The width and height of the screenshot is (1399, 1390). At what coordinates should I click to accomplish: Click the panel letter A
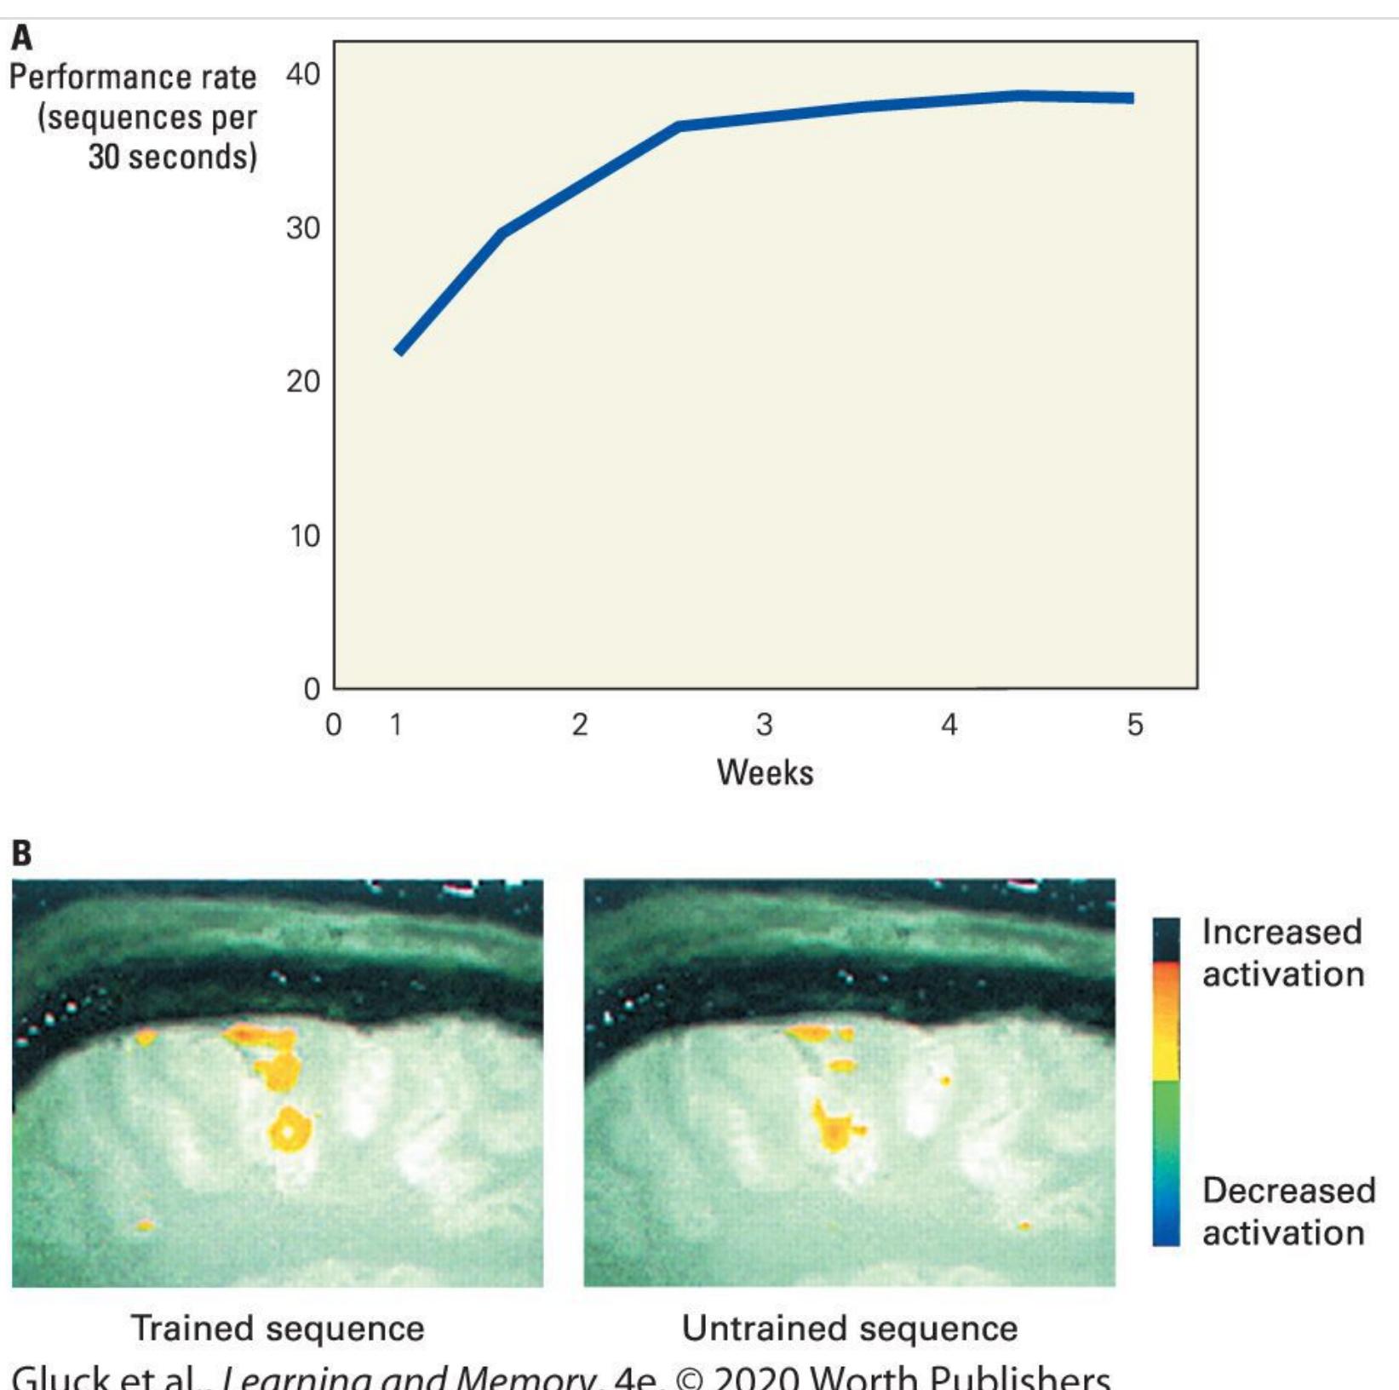click(21, 38)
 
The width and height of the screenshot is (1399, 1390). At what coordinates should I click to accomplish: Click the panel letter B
click(21, 853)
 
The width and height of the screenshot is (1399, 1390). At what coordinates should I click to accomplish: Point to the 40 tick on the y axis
click(303, 74)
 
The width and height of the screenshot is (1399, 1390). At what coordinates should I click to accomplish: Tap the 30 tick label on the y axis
click(303, 227)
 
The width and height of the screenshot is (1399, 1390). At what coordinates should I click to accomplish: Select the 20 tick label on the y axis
click(303, 381)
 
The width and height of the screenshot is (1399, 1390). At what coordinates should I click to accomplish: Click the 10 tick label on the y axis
click(305, 536)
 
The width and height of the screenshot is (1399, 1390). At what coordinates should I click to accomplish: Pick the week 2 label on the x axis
click(580, 725)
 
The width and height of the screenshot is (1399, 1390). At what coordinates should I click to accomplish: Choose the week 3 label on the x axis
click(764, 725)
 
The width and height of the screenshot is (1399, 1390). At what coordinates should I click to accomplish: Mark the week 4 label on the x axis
click(949, 725)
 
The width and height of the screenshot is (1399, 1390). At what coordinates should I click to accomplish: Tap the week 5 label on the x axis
click(1135, 725)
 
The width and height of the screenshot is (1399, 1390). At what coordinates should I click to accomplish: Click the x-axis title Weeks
click(765, 773)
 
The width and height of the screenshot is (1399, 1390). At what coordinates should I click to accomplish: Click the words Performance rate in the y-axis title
click(133, 78)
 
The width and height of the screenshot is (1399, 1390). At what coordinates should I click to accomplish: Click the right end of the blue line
click(1131, 98)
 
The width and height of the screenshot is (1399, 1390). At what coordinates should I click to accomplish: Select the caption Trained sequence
click(278, 1328)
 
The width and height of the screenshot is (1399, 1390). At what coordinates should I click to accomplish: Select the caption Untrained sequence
click(849, 1328)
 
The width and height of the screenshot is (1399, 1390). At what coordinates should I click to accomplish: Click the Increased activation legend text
click(1282, 953)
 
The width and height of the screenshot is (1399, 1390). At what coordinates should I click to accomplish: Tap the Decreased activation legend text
click(1288, 1211)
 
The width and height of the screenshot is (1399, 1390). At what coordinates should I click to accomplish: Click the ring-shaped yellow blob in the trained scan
click(290, 1130)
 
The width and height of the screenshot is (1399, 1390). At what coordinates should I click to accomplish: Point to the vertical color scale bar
click(1167, 1082)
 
